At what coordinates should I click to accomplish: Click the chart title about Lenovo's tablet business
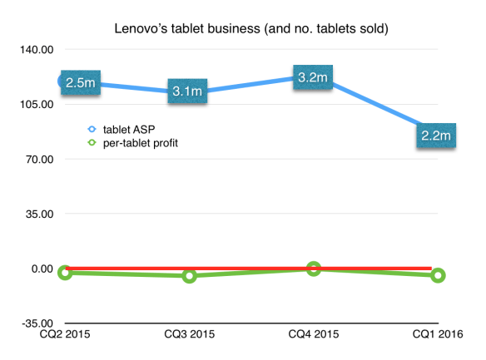click(254, 29)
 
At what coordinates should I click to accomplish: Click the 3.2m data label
click(312, 78)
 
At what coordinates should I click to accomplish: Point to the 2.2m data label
click(435, 135)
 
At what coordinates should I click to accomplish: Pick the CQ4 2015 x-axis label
click(313, 335)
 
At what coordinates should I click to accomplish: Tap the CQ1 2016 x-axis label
click(438, 335)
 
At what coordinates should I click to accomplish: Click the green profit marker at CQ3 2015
click(189, 276)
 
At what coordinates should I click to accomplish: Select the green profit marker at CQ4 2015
click(313, 269)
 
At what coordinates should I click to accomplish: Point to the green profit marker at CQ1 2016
click(438, 275)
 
